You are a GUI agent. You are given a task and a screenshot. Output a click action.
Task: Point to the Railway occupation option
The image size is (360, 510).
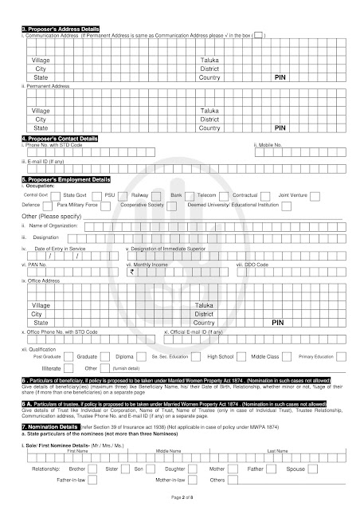tap(140, 194)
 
